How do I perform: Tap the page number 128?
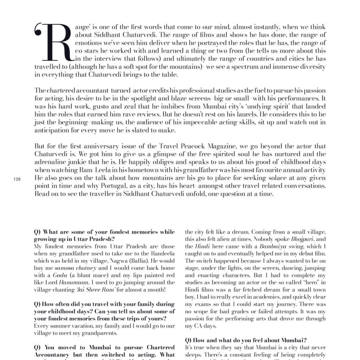point(17,179)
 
